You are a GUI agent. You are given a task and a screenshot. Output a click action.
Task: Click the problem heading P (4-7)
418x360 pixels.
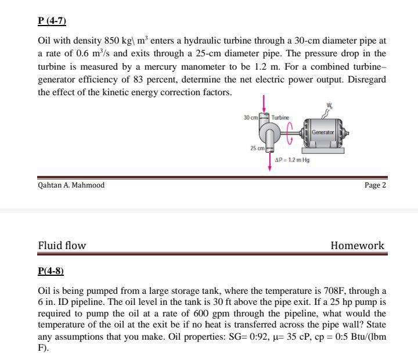[52, 22]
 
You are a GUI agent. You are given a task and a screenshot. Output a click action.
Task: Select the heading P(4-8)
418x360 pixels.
[51, 271]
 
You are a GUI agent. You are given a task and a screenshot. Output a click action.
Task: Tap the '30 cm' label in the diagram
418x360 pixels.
[251, 117]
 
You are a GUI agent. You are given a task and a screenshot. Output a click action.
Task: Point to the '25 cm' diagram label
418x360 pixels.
[258, 148]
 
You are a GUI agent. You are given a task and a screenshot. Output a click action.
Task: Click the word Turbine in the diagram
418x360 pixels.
[280, 117]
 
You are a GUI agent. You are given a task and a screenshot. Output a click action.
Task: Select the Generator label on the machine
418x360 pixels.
[323, 132]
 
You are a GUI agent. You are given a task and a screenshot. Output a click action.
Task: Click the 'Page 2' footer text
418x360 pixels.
[374, 185]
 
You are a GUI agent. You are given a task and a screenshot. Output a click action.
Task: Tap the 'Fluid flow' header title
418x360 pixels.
[62, 246]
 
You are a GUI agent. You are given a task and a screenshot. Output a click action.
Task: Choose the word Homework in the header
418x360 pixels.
[357, 246]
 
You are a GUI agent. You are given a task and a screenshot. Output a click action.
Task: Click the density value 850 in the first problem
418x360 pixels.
[111, 41]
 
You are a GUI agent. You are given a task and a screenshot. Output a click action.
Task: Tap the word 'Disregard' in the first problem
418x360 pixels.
[366, 80]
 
